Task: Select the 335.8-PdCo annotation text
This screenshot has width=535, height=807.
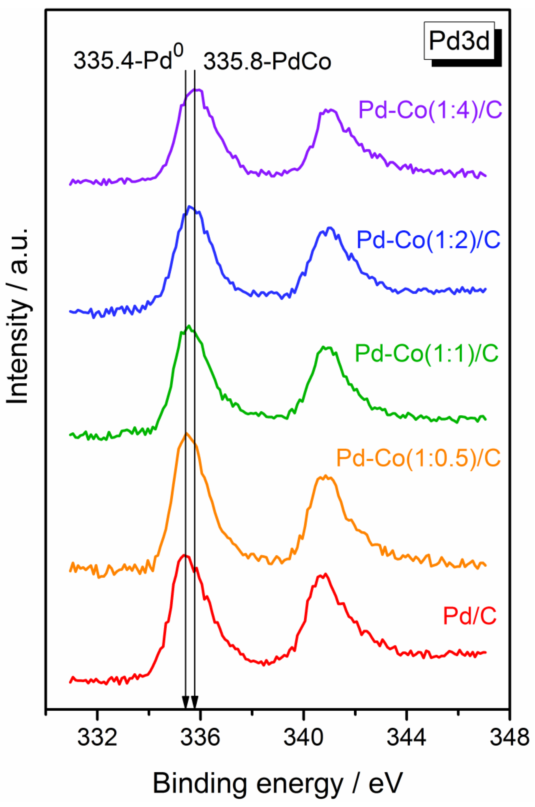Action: point(267,62)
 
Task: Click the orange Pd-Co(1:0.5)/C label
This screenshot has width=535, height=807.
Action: point(418,458)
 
